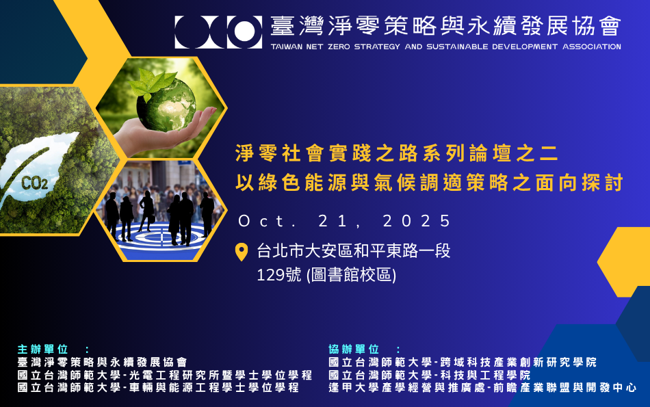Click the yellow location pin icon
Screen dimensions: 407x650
point(242,252)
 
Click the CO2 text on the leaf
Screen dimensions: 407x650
point(34,183)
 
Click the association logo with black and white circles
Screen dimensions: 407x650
point(218,31)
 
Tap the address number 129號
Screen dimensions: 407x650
point(279,275)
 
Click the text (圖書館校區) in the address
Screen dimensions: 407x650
point(352,275)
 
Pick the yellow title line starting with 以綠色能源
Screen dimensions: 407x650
point(428,183)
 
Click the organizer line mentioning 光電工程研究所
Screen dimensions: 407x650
point(165,375)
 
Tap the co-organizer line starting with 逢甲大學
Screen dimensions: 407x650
point(482,387)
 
